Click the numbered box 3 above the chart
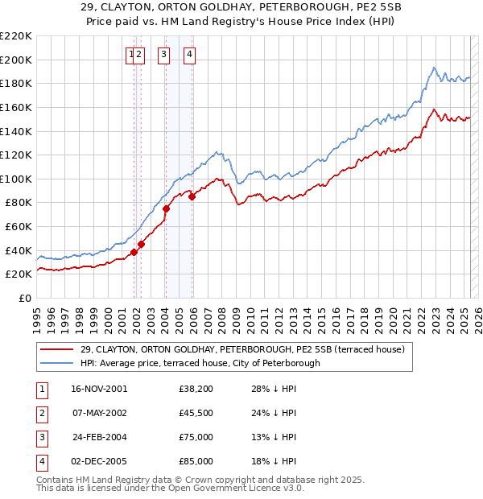coord(163,55)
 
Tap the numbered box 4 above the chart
coord(189,55)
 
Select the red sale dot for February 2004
coord(166,208)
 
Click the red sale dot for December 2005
coord(192,196)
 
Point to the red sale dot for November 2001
coord(134,252)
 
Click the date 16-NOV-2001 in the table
coord(99,389)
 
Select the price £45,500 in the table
coord(196,413)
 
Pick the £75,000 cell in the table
coord(196,437)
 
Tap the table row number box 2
coord(41,413)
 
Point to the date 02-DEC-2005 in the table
coord(99,461)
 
